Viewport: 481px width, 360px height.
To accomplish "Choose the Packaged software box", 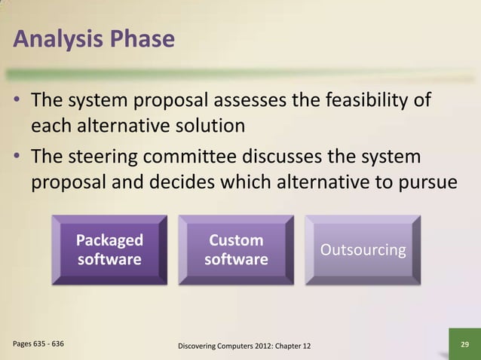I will tap(109, 249).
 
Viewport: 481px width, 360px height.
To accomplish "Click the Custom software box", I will tap(236, 249).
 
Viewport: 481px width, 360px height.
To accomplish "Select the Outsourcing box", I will tap(363, 249).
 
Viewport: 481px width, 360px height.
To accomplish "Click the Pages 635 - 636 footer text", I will tap(38, 343).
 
